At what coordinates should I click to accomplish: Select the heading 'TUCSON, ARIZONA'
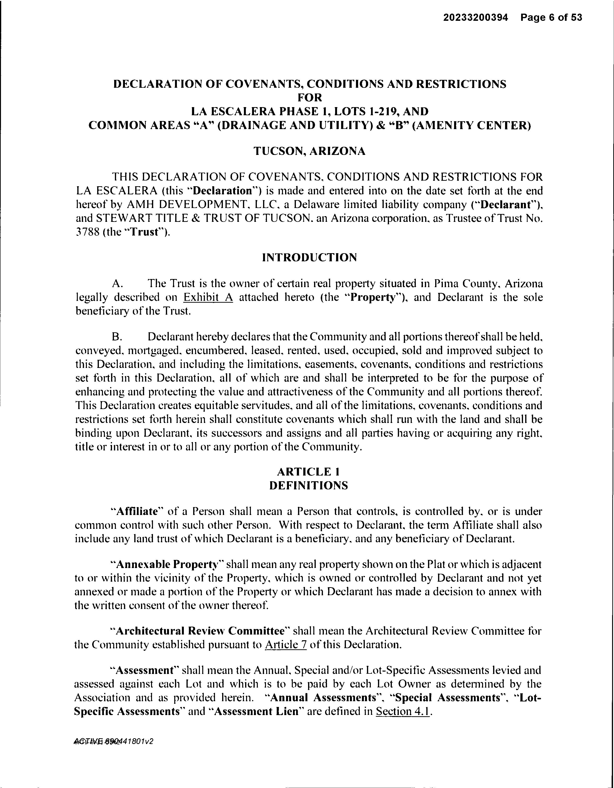[x=310, y=151]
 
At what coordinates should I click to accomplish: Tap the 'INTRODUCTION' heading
[x=310, y=258]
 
